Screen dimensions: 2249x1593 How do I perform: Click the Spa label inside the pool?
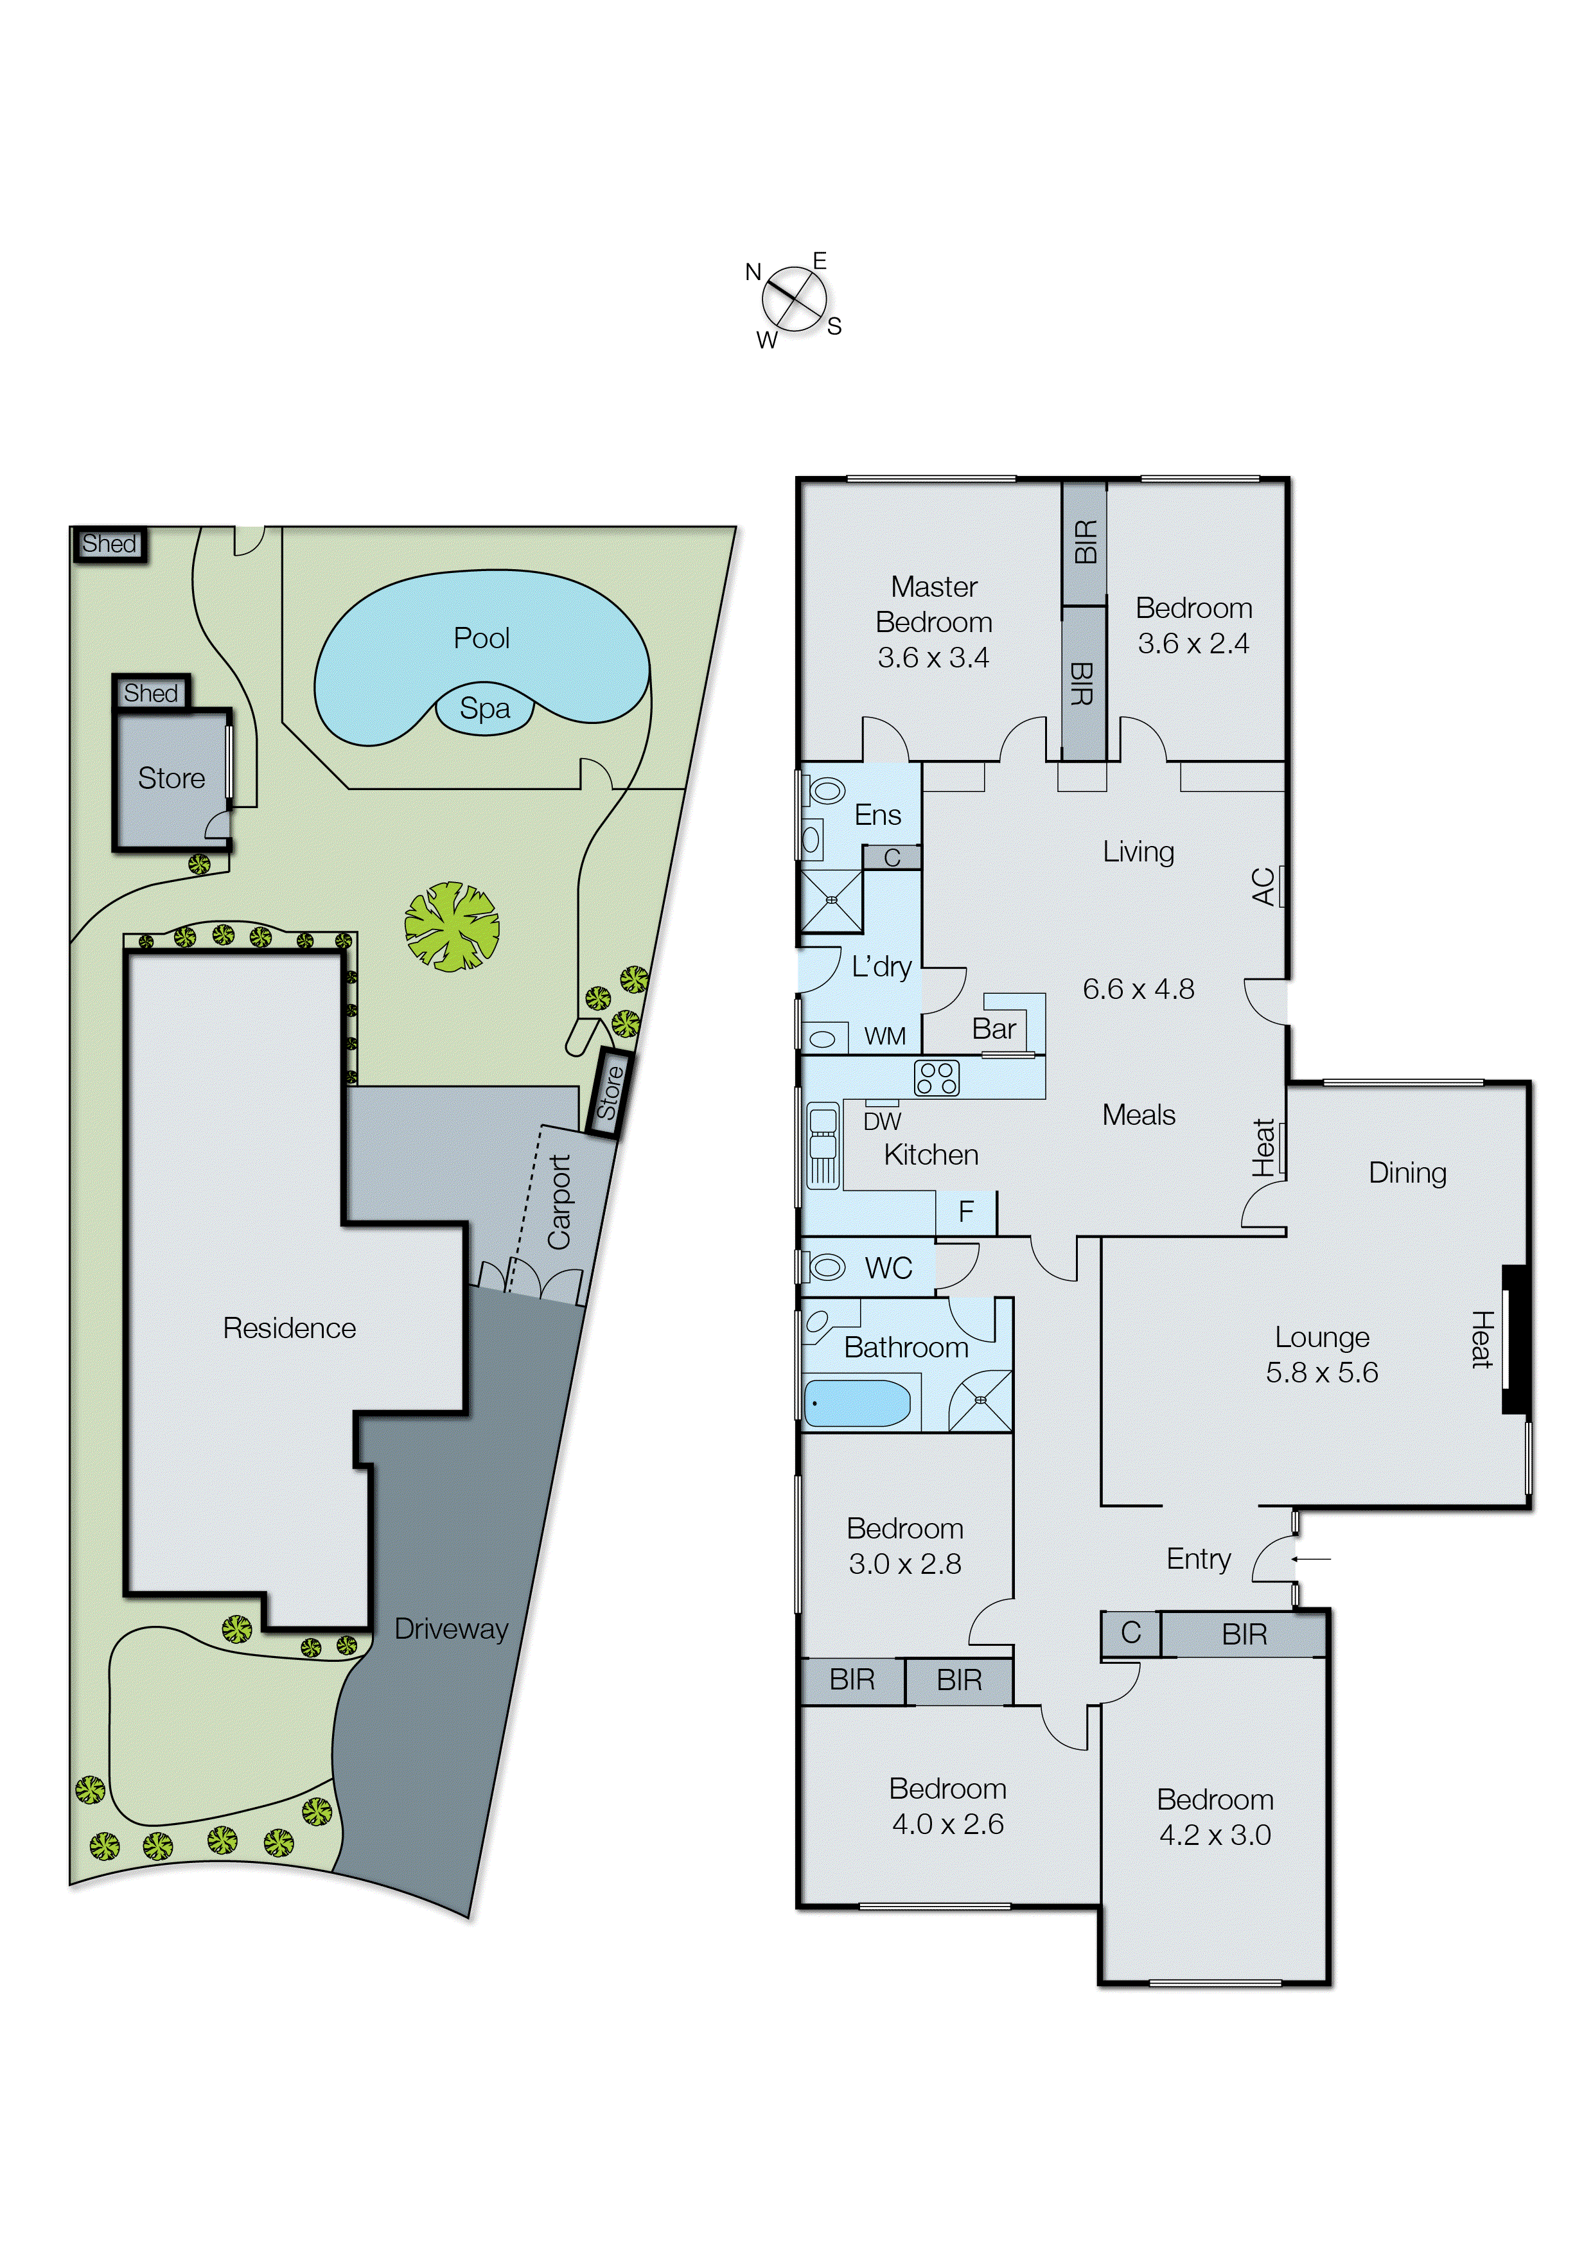(484, 708)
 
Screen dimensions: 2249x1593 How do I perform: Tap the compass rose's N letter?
(753, 272)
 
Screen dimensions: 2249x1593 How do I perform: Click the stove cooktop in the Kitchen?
(936, 1078)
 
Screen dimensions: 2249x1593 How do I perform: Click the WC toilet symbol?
(825, 1267)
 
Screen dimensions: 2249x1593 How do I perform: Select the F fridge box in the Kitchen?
(966, 1212)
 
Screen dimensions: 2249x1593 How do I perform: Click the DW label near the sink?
(882, 1121)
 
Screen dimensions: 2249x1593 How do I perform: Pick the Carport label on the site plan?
(559, 1203)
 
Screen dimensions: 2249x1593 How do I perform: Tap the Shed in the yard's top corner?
(109, 543)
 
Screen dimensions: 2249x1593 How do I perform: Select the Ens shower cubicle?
(831, 899)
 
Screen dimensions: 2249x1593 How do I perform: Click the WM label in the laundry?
(884, 1037)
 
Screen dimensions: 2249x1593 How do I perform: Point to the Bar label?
(994, 1029)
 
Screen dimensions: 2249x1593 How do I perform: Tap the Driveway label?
(451, 1629)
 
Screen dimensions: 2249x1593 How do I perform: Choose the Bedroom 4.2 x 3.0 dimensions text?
(1215, 1835)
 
